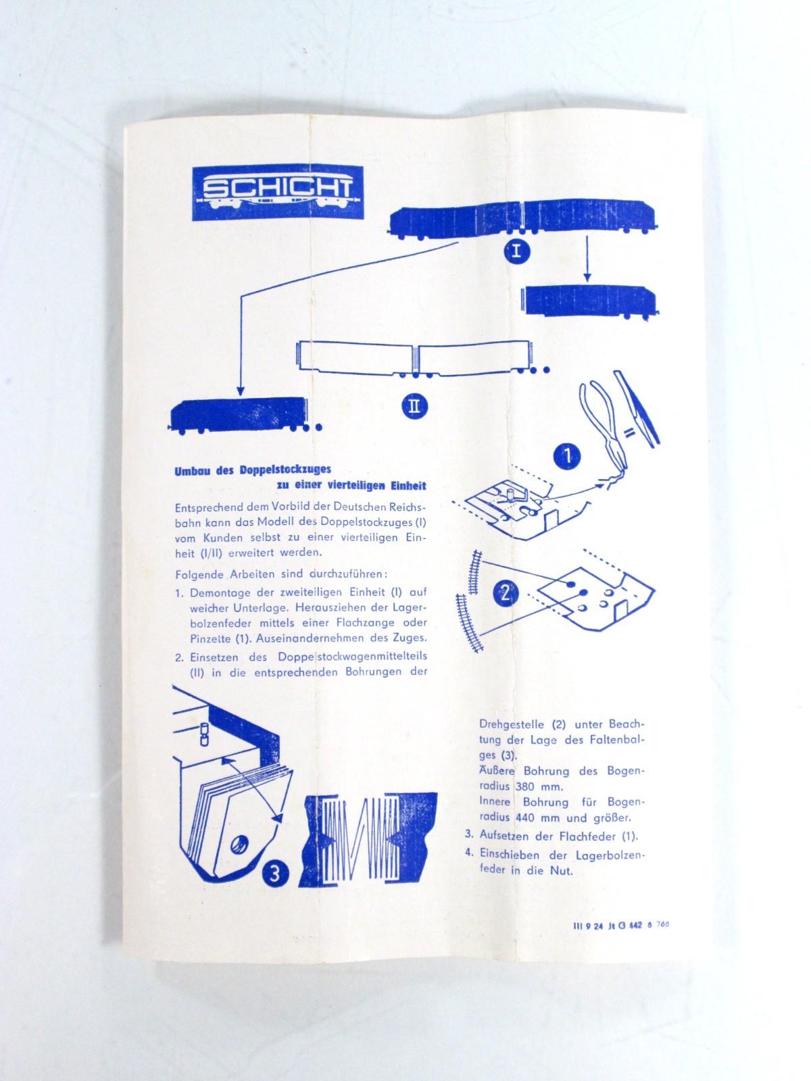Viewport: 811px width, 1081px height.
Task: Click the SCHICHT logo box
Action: (278, 192)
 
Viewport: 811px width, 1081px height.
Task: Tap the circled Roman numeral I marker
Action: (516, 253)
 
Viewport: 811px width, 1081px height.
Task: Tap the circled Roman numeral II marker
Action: (414, 406)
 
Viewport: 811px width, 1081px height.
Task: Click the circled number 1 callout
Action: (567, 457)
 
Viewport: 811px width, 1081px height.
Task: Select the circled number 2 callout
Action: (506, 595)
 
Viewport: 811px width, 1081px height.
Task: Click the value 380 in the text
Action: (524, 786)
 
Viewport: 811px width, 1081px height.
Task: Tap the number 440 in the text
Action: (524, 818)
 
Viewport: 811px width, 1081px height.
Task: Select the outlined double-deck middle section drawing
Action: (424, 360)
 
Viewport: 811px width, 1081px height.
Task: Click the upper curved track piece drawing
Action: (474, 572)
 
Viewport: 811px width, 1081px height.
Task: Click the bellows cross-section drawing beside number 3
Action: (368, 832)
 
